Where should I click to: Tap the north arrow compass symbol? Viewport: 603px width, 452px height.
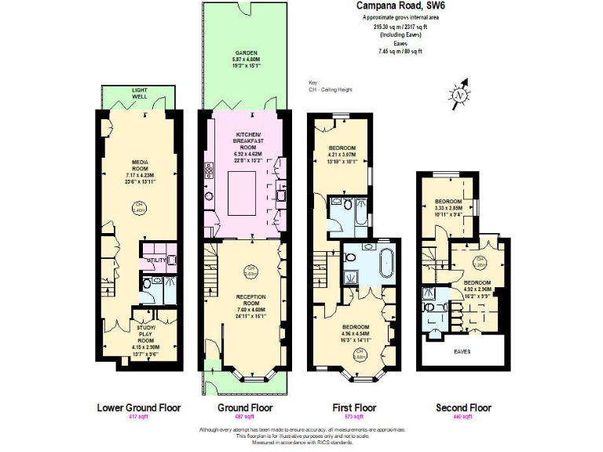[459, 93]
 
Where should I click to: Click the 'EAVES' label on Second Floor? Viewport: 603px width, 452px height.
[462, 352]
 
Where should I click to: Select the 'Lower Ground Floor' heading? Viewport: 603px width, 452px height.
[138, 407]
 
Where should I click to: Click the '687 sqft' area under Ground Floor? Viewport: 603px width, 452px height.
[244, 417]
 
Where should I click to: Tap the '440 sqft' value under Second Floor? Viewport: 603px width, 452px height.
[463, 417]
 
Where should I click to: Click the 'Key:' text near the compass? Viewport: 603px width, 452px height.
[315, 82]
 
